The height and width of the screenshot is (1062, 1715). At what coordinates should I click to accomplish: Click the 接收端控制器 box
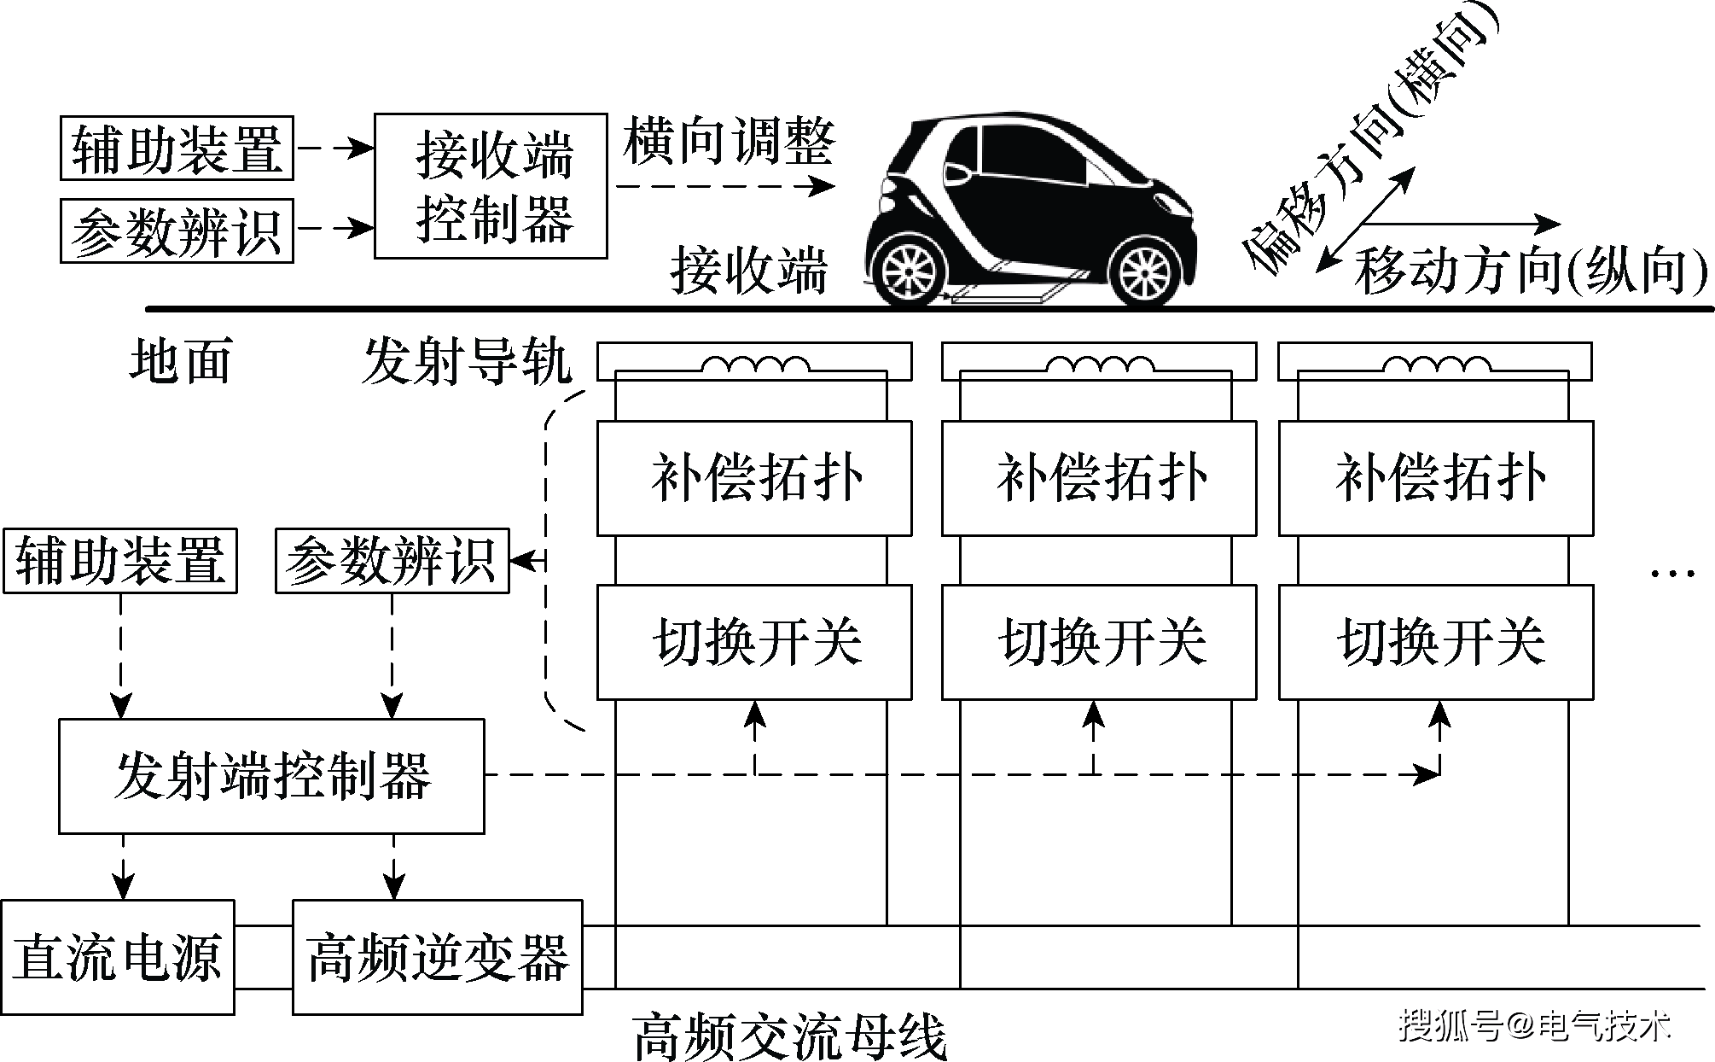[x=491, y=185]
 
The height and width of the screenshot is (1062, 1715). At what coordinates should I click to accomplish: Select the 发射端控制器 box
[x=271, y=776]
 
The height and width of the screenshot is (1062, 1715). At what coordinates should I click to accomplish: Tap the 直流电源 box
[x=118, y=957]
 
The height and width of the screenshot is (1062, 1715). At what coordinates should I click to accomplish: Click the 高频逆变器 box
[x=438, y=957]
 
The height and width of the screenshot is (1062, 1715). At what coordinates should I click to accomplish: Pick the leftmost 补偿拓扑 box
[x=754, y=478]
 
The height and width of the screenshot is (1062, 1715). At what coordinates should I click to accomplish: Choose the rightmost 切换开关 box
[x=1435, y=642]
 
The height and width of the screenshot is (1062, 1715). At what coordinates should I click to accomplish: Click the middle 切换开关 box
[x=1099, y=642]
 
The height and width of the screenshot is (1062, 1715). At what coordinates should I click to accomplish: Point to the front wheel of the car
[x=1143, y=271]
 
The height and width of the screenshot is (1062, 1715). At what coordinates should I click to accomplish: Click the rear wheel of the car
[x=910, y=271]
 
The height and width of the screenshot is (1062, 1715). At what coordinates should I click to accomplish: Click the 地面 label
[x=181, y=360]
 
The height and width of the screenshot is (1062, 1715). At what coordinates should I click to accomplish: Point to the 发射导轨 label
[x=466, y=362]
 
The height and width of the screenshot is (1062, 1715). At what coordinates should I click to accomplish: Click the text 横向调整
[x=729, y=142]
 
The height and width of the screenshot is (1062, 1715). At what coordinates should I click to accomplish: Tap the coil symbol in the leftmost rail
[x=755, y=365]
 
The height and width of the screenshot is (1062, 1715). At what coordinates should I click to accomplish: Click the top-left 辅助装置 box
[x=177, y=149]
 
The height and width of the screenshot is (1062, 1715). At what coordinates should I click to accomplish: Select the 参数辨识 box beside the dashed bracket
[x=392, y=561]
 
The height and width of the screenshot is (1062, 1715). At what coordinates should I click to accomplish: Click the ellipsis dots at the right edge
[x=1672, y=573]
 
